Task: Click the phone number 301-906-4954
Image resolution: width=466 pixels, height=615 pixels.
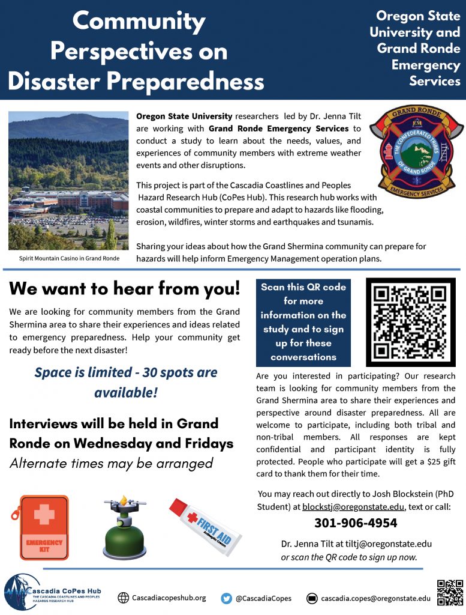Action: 356,523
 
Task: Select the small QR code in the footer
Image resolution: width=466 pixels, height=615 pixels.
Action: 450,592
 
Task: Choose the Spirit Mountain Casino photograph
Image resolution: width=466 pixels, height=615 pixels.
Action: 68,181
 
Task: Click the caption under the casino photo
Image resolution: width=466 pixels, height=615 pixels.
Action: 69,258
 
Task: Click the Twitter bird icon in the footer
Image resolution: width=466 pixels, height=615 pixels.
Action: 227,598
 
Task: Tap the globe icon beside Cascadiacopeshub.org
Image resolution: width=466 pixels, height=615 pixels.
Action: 124,598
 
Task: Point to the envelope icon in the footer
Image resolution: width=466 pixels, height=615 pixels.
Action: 311,598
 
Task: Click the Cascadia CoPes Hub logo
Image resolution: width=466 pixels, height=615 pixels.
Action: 52,593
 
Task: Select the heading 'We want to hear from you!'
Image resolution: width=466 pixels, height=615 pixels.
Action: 125,288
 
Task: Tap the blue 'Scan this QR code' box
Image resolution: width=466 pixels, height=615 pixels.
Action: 303,322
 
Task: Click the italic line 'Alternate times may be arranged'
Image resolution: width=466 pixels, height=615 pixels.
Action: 111,463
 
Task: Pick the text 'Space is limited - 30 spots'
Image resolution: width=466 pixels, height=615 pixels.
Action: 125,372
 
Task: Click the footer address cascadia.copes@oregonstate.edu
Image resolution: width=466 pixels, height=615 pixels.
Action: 375,598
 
